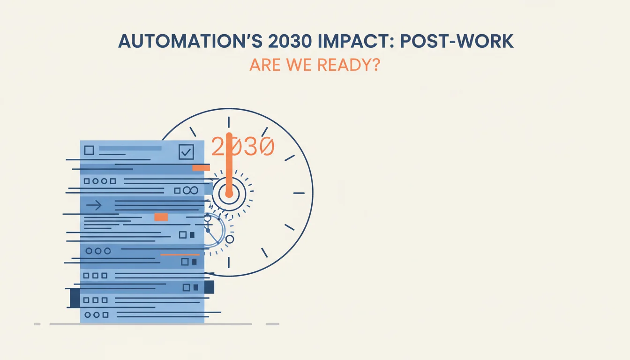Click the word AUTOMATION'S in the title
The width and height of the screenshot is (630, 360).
190,41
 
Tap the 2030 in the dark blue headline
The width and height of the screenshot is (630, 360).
290,41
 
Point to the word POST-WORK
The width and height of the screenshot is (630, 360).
457,41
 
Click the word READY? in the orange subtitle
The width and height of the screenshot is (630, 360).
349,65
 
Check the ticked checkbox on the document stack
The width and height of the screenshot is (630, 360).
186,152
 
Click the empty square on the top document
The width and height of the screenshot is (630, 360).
89,150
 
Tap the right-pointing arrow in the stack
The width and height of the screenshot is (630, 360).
94,205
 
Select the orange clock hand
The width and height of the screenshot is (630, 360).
229,165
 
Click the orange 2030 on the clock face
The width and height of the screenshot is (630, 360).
243,146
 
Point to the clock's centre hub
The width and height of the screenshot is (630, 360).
229,194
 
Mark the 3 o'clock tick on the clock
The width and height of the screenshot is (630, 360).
299,193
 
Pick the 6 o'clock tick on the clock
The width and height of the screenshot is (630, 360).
229,262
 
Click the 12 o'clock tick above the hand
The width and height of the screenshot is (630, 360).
229,122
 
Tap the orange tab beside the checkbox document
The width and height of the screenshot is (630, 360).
201,168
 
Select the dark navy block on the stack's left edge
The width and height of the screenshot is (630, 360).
75,298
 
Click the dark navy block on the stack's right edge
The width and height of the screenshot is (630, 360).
209,287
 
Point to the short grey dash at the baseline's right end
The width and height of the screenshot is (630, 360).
272,324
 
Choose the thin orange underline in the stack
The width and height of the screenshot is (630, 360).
180,255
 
